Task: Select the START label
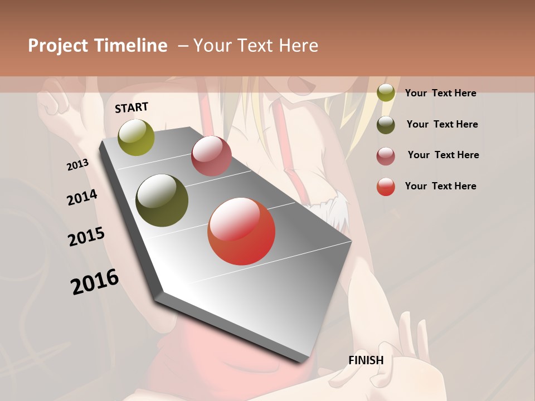(132, 107)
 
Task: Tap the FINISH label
(366, 360)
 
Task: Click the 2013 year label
(78, 164)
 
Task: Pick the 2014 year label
(82, 197)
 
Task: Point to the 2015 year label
(86, 237)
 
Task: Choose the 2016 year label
(95, 281)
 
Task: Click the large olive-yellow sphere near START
(137, 137)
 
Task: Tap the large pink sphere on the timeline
(211, 156)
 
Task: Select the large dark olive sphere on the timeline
(162, 200)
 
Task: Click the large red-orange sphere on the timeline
(241, 231)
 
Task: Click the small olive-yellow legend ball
(386, 93)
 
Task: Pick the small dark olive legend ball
(386, 125)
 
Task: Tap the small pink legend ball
(386, 156)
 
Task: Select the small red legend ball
(386, 187)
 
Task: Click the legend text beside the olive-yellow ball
(440, 93)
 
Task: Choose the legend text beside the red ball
(440, 186)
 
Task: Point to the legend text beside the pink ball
(443, 155)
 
